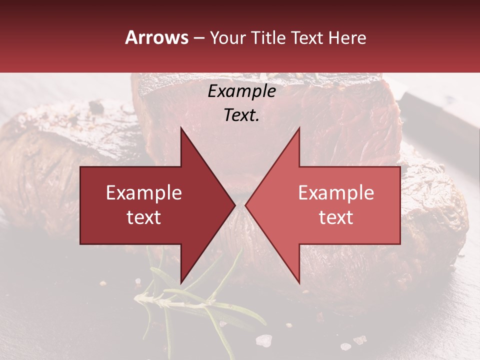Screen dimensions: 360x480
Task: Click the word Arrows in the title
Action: point(156,37)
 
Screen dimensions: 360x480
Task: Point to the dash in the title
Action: point(198,38)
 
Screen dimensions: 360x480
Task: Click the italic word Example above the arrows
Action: point(241,91)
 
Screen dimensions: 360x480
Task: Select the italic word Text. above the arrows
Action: point(241,115)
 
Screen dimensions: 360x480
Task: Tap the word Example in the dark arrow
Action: point(143,192)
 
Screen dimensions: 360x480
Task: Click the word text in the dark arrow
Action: point(143,217)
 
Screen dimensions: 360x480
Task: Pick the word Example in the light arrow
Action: point(336,192)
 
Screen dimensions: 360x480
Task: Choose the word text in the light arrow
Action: point(336,217)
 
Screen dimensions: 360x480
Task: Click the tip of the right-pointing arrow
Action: point(235,205)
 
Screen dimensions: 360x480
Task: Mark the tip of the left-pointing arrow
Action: point(245,205)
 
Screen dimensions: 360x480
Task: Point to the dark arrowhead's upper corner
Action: point(181,127)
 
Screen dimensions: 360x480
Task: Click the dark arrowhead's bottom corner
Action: point(181,283)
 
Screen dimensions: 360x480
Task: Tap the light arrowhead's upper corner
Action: point(299,127)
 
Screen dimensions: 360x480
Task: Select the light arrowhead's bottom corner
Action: point(299,283)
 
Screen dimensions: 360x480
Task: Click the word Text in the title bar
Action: point(307,38)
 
